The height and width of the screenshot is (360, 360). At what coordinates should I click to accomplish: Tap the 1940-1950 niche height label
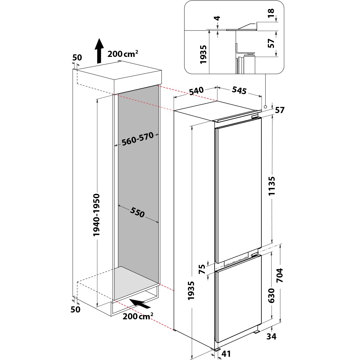pos(96,215)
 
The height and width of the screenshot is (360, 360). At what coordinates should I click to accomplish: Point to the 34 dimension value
pos(272,337)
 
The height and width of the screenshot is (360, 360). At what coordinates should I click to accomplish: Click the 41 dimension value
pos(226,354)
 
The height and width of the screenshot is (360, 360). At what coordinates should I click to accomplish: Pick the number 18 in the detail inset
pos(271,12)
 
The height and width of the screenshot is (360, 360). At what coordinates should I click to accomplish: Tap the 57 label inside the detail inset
pos(271,43)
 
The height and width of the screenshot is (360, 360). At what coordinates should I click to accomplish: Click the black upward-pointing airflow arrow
pos(99,51)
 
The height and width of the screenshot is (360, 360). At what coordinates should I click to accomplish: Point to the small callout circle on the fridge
pos(265,107)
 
